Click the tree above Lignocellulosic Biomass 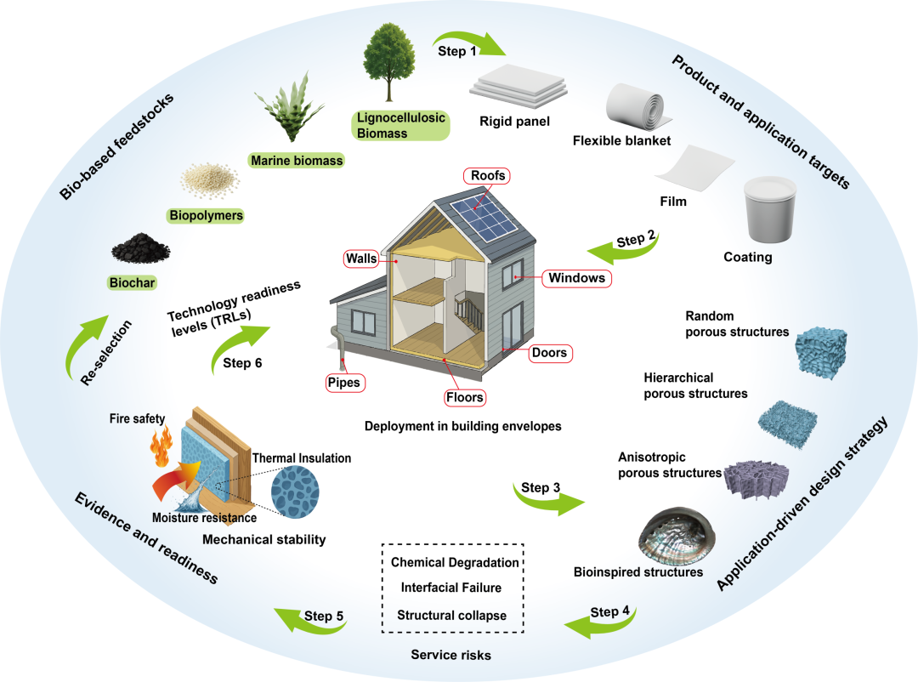coord(388,62)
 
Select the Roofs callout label coord(486,176)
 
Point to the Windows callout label coord(576,278)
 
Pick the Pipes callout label coord(344,383)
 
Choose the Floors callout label coord(465,397)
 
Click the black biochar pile coord(140,247)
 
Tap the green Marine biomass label coord(297,161)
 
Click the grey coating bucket coord(770,210)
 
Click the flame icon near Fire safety coord(161,445)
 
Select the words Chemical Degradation coord(454,562)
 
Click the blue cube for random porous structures coord(821,350)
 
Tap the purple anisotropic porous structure coord(756,479)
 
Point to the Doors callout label coord(550,353)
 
